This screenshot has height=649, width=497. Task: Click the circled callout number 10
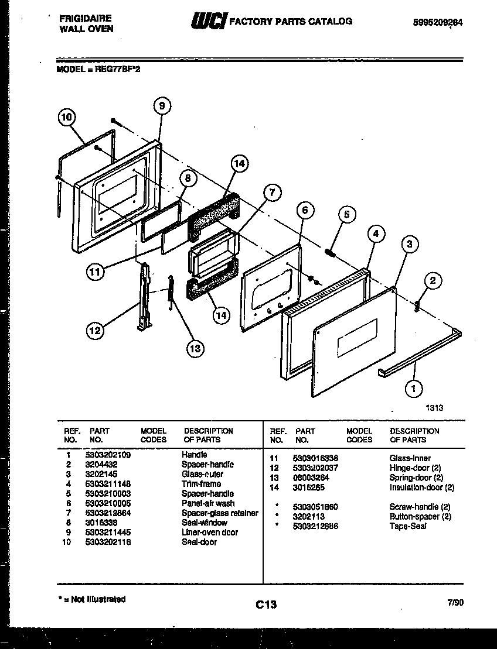[67, 117]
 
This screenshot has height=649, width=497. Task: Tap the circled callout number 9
[162, 105]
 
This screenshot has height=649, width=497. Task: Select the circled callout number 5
[346, 215]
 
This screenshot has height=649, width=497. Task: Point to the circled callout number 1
[414, 386]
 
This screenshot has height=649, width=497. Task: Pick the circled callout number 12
[95, 331]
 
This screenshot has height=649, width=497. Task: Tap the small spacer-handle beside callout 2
[417, 305]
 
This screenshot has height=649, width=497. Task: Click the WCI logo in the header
[206, 22]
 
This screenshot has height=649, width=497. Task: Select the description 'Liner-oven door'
[209, 533]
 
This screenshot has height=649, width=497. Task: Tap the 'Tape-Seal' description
[408, 526]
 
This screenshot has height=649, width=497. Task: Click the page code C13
[266, 605]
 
